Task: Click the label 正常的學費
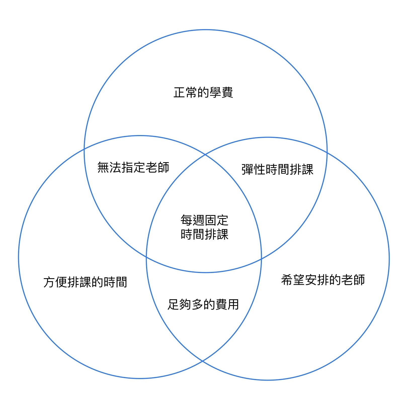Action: click(203, 92)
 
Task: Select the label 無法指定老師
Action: click(133, 167)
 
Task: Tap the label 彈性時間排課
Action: click(277, 169)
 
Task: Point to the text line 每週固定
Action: click(204, 220)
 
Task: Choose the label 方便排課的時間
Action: click(85, 282)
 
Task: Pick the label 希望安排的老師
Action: click(323, 280)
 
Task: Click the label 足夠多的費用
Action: click(203, 304)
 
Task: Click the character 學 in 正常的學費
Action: click(215, 92)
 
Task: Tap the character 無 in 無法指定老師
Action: click(103, 167)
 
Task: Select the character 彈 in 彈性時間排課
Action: click(247, 169)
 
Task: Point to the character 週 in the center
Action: click(198, 220)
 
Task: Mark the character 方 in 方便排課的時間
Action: click(49, 282)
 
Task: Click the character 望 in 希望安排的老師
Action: click(299, 280)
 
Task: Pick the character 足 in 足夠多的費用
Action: click(174, 304)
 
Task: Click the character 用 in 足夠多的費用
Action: click(233, 304)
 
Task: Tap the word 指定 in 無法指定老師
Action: click(133, 167)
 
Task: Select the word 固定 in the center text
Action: click(216, 220)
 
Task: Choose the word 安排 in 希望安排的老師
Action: click(317, 280)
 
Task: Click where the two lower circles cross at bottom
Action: click(203, 361)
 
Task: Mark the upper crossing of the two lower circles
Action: click(206, 154)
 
